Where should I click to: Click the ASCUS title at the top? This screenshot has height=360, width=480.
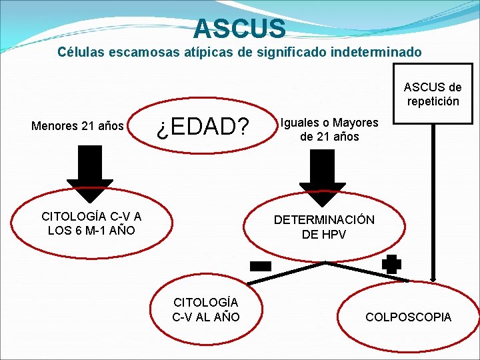pos(240,29)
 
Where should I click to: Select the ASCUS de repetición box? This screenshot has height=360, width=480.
pos(432,95)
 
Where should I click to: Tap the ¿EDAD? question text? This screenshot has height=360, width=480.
pos(202,126)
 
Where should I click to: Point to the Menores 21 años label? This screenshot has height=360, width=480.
pos(78,125)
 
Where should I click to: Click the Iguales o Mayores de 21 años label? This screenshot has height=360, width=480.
pos(329,129)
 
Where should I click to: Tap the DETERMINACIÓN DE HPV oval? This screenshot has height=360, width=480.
pos(325,227)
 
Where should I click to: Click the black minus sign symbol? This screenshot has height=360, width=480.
pos(260,266)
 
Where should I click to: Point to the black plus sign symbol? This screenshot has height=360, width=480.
pos(392,263)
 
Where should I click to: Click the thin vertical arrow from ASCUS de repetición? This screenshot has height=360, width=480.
pos(435,200)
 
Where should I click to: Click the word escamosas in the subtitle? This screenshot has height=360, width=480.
pos(147,51)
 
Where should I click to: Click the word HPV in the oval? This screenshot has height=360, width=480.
pos(333,235)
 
